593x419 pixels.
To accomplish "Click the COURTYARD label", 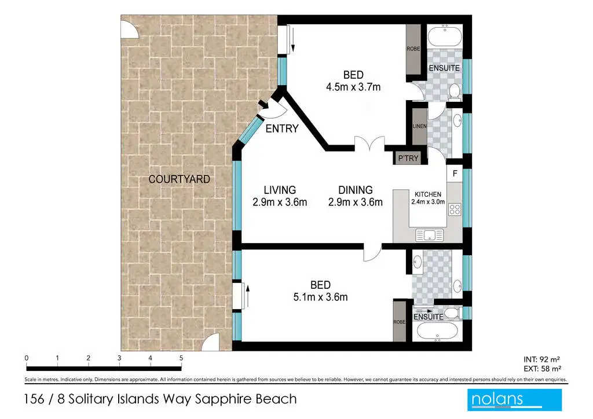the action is coord(180,179).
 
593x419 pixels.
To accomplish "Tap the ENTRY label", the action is coord(282,129).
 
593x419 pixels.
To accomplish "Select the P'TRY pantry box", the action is coord(408,158).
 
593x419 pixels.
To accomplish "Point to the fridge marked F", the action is coord(455,174).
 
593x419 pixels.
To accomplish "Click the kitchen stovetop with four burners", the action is coord(455,209).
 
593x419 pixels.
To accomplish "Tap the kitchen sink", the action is coord(429,235).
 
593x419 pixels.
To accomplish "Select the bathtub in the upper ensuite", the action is coord(445,36).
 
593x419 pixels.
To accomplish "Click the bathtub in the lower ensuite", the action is coord(438,332).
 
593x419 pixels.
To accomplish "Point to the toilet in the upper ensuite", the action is coord(455,92).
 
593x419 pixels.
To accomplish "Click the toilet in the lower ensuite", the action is coord(452,313).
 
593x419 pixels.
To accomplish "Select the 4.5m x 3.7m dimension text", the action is coord(353,87).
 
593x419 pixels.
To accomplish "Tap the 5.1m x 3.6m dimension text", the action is coord(320,297).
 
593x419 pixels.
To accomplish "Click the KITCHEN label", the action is coord(428,194).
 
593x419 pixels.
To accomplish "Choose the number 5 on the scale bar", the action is coord(181,358).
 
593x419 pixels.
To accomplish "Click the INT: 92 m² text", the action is coord(541,360).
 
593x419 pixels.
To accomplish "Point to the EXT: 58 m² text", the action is coord(542,369).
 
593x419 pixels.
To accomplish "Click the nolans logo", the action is coord(514,400).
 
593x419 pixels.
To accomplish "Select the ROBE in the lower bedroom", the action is coord(400,322).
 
